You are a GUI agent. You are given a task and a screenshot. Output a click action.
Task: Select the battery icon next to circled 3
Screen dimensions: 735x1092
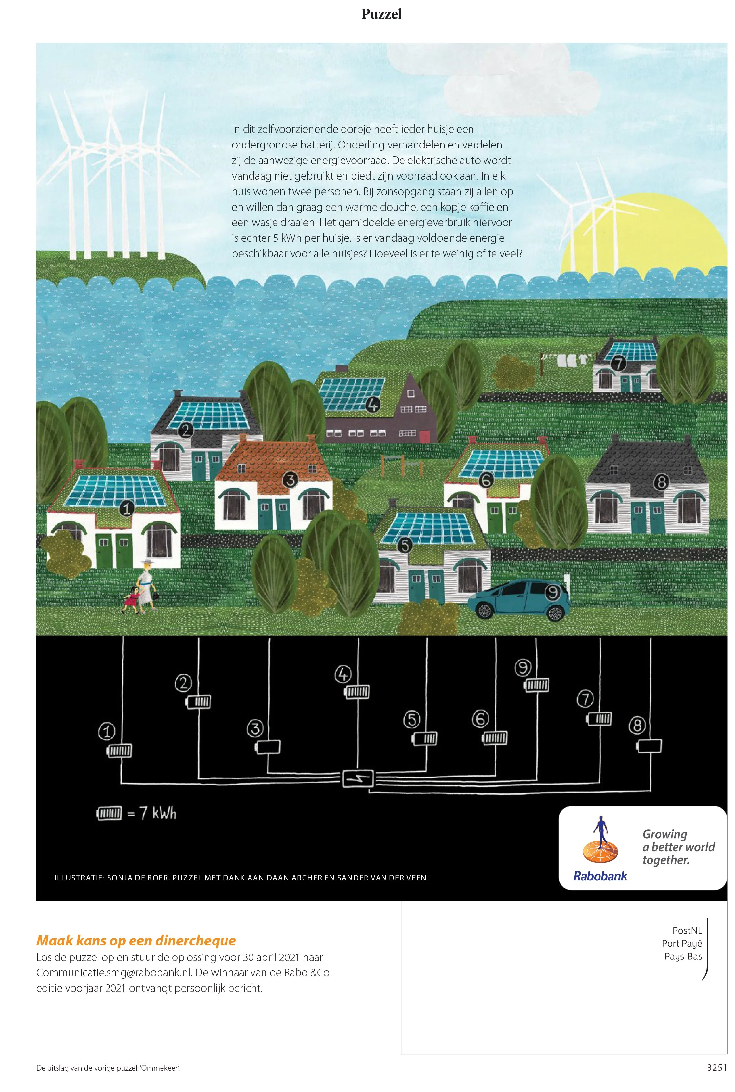[268, 747]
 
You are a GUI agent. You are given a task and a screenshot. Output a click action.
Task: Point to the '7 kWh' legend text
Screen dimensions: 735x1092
[151, 813]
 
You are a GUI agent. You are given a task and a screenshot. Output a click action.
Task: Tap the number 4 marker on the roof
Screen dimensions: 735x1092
[373, 404]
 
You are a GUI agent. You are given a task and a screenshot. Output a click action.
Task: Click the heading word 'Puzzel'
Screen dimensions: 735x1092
[381, 14]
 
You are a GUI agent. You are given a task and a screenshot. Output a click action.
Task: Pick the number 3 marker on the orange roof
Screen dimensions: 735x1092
[290, 480]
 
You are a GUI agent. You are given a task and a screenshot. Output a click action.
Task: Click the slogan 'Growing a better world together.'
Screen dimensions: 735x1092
[678, 847]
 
